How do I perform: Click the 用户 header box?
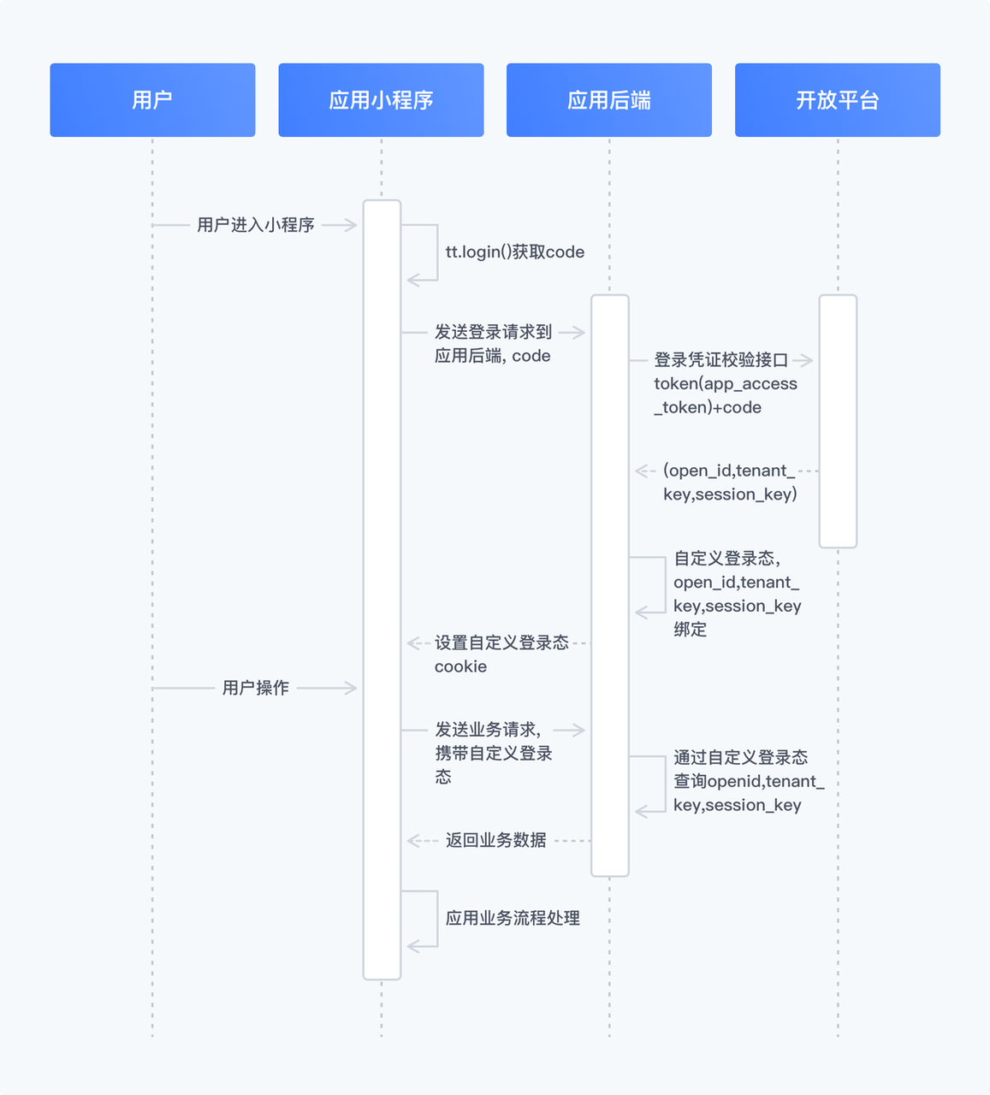(152, 100)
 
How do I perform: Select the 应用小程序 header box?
(381, 100)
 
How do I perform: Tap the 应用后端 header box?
(609, 100)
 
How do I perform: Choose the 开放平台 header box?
(838, 100)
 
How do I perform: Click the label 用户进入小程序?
(256, 225)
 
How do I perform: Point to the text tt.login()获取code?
(515, 252)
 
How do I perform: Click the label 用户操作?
(256, 688)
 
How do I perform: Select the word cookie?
(460, 666)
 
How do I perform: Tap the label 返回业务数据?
(496, 840)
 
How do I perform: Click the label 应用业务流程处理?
(513, 918)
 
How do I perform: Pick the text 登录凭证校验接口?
(720, 360)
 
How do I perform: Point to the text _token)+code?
(708, 408)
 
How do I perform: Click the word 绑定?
(690, 630)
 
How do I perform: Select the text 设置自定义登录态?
(501, 642)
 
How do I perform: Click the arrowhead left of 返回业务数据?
(412, 840)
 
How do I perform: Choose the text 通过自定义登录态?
(740, 757)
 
